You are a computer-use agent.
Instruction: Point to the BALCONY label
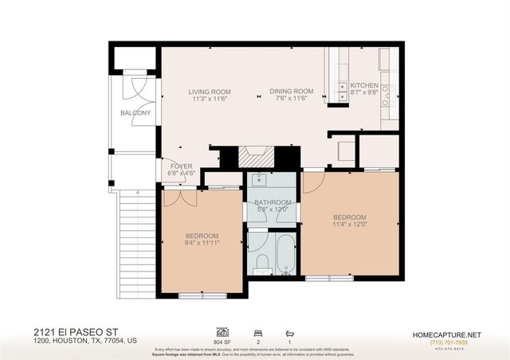click(x=135, y=113)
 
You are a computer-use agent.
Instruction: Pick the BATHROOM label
click(x=272, y=202)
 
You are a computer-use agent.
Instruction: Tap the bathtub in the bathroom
click(x=283, y=252)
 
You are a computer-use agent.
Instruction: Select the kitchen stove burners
click(x=386, y=96)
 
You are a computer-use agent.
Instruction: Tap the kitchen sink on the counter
click(x=341, y=87)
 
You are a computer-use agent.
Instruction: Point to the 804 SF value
click(x=223, y=342)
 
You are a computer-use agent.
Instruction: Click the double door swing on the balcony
click(x=135, y=86)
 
